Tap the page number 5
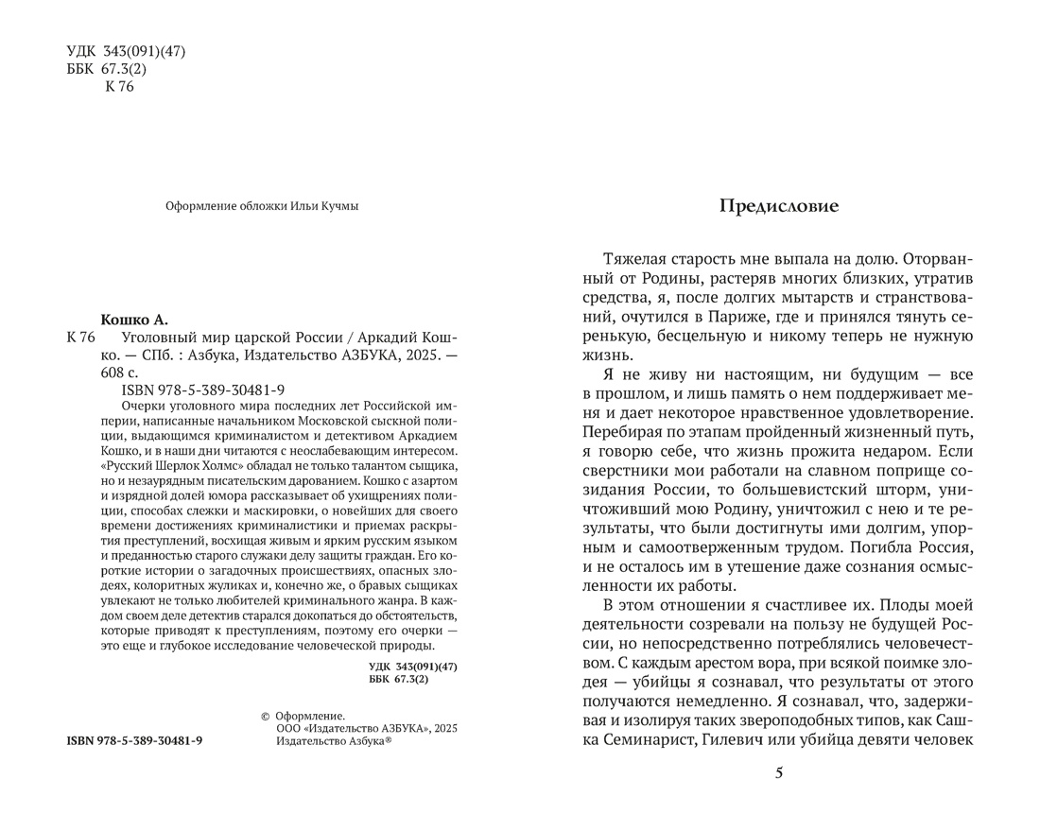[x=779, y=773]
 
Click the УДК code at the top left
[x=126, y=51]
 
